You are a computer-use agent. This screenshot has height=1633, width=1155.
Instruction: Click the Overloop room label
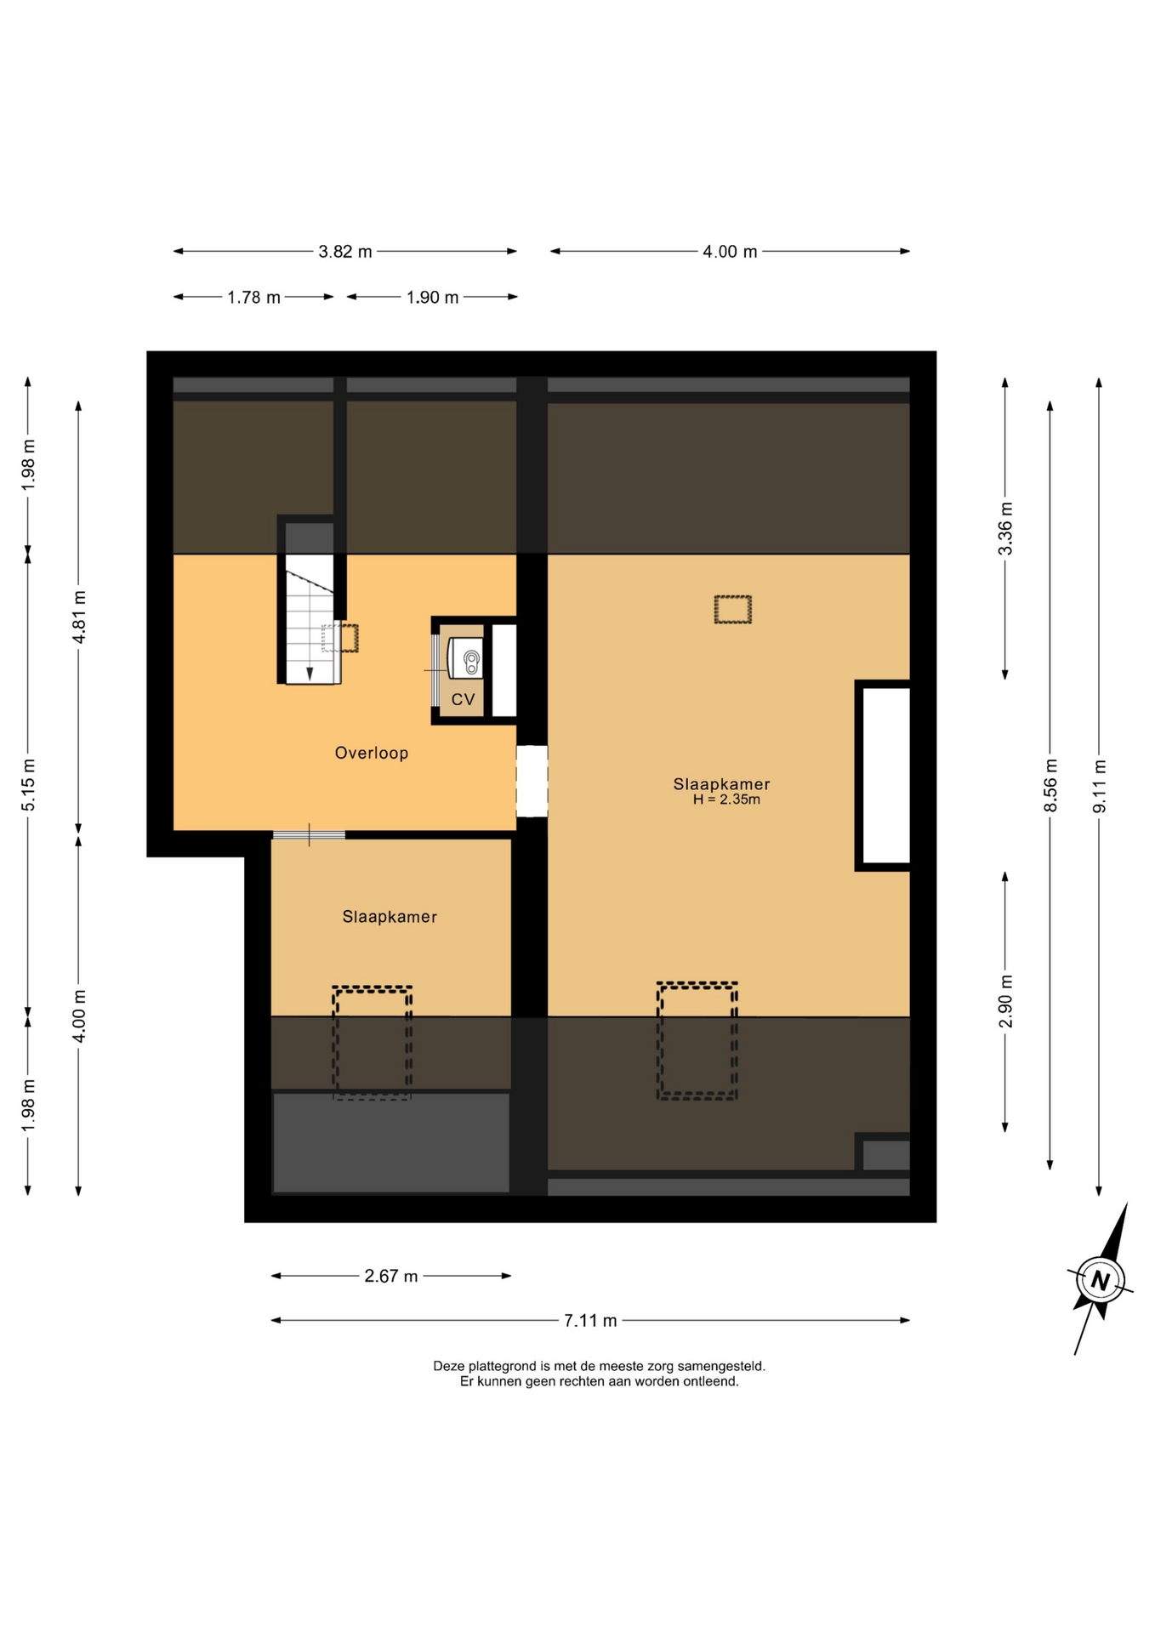click(x=371, y=753)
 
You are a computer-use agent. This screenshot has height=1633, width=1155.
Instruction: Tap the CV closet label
click(x=463, y=699)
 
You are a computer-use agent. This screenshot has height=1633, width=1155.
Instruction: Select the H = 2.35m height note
click(x=726, y=799)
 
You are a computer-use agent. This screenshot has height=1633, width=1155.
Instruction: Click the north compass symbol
click(x=1101, y=1280)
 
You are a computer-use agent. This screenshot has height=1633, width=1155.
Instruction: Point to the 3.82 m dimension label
click(x=345, y=252)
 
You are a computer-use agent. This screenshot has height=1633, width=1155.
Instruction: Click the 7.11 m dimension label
click(x=590, y=1321)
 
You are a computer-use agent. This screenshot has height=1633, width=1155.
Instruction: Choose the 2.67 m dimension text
click(x=391, y=1276)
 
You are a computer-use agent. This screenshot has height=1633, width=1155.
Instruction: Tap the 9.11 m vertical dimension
click(x=1100, y=786)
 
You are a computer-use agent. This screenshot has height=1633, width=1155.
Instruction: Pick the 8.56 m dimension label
click(x=1050, y=785)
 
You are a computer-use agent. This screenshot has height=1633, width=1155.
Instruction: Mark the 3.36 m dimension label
click(x=1005, y=528)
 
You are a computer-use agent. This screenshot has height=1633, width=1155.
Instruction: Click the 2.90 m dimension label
click(x=1005, y=1000)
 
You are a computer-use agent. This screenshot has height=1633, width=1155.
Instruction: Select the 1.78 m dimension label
click(x=253, y=298)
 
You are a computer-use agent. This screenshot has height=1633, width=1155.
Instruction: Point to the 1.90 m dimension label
click(x=432, y=298)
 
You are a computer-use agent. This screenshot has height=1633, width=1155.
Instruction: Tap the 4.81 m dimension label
click(x=79, y=617)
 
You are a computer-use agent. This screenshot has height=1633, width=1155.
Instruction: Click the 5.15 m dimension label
click(x=28, y=784)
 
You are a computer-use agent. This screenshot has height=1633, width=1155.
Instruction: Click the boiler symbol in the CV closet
click(x=465, y=658)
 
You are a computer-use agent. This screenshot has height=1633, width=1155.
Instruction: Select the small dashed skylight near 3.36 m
click(x=732, y=610)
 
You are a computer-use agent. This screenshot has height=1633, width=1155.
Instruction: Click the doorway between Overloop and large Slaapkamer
click(x=532, y=782)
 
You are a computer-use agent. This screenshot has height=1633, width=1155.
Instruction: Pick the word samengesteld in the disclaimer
click(x=721, y=1366)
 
